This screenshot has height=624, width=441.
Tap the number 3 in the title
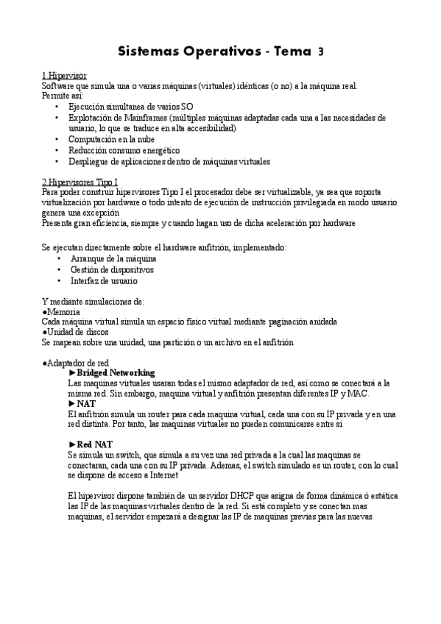[x=320, y=52]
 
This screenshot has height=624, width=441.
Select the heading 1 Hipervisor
[x=64, y=76]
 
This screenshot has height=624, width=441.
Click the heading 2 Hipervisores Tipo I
[x=80, y=182]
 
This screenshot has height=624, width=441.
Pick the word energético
[x=155, y=150]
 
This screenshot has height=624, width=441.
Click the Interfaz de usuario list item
[x=104, y=280]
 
